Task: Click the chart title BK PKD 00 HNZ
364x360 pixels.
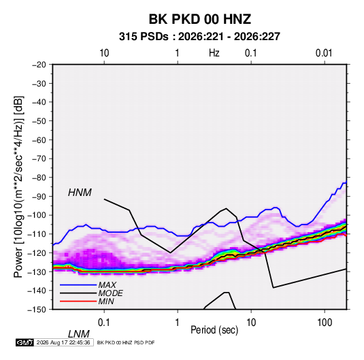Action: tap(199, 19)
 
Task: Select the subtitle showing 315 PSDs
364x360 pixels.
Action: tap(199, 37)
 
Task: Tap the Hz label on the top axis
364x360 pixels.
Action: tap(214, 53)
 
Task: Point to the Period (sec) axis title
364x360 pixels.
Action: tap(214, 330)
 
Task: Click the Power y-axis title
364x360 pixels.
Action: tap(18, 187)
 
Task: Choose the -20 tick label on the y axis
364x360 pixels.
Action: tap(39, 65)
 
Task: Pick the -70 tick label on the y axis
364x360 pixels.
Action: tap(39, 159)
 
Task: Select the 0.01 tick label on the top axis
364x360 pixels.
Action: tap(324, 53)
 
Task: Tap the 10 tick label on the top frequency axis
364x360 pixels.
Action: tap(104, 53)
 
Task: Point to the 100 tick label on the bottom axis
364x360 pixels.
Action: tap(325, 323)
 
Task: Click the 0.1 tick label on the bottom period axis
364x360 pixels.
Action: tap(104, 323)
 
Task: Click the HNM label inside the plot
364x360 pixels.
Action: tap(80, 193)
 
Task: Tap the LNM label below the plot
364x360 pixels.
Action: tap(79, 334)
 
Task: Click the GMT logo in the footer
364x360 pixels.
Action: tap(24, 342)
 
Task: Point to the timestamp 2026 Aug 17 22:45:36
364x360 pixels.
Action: tap(63, 342)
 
